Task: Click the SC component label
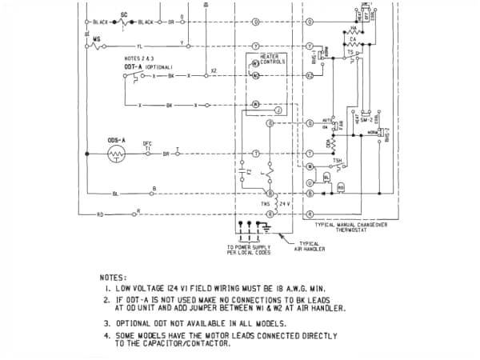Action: [124, 14]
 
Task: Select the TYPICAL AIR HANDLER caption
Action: [308, 246]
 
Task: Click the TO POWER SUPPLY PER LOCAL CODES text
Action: [250, 250]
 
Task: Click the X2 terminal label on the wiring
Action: [214, 70]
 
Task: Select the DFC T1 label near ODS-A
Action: [147, 145]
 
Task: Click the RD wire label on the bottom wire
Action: [100, 214]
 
